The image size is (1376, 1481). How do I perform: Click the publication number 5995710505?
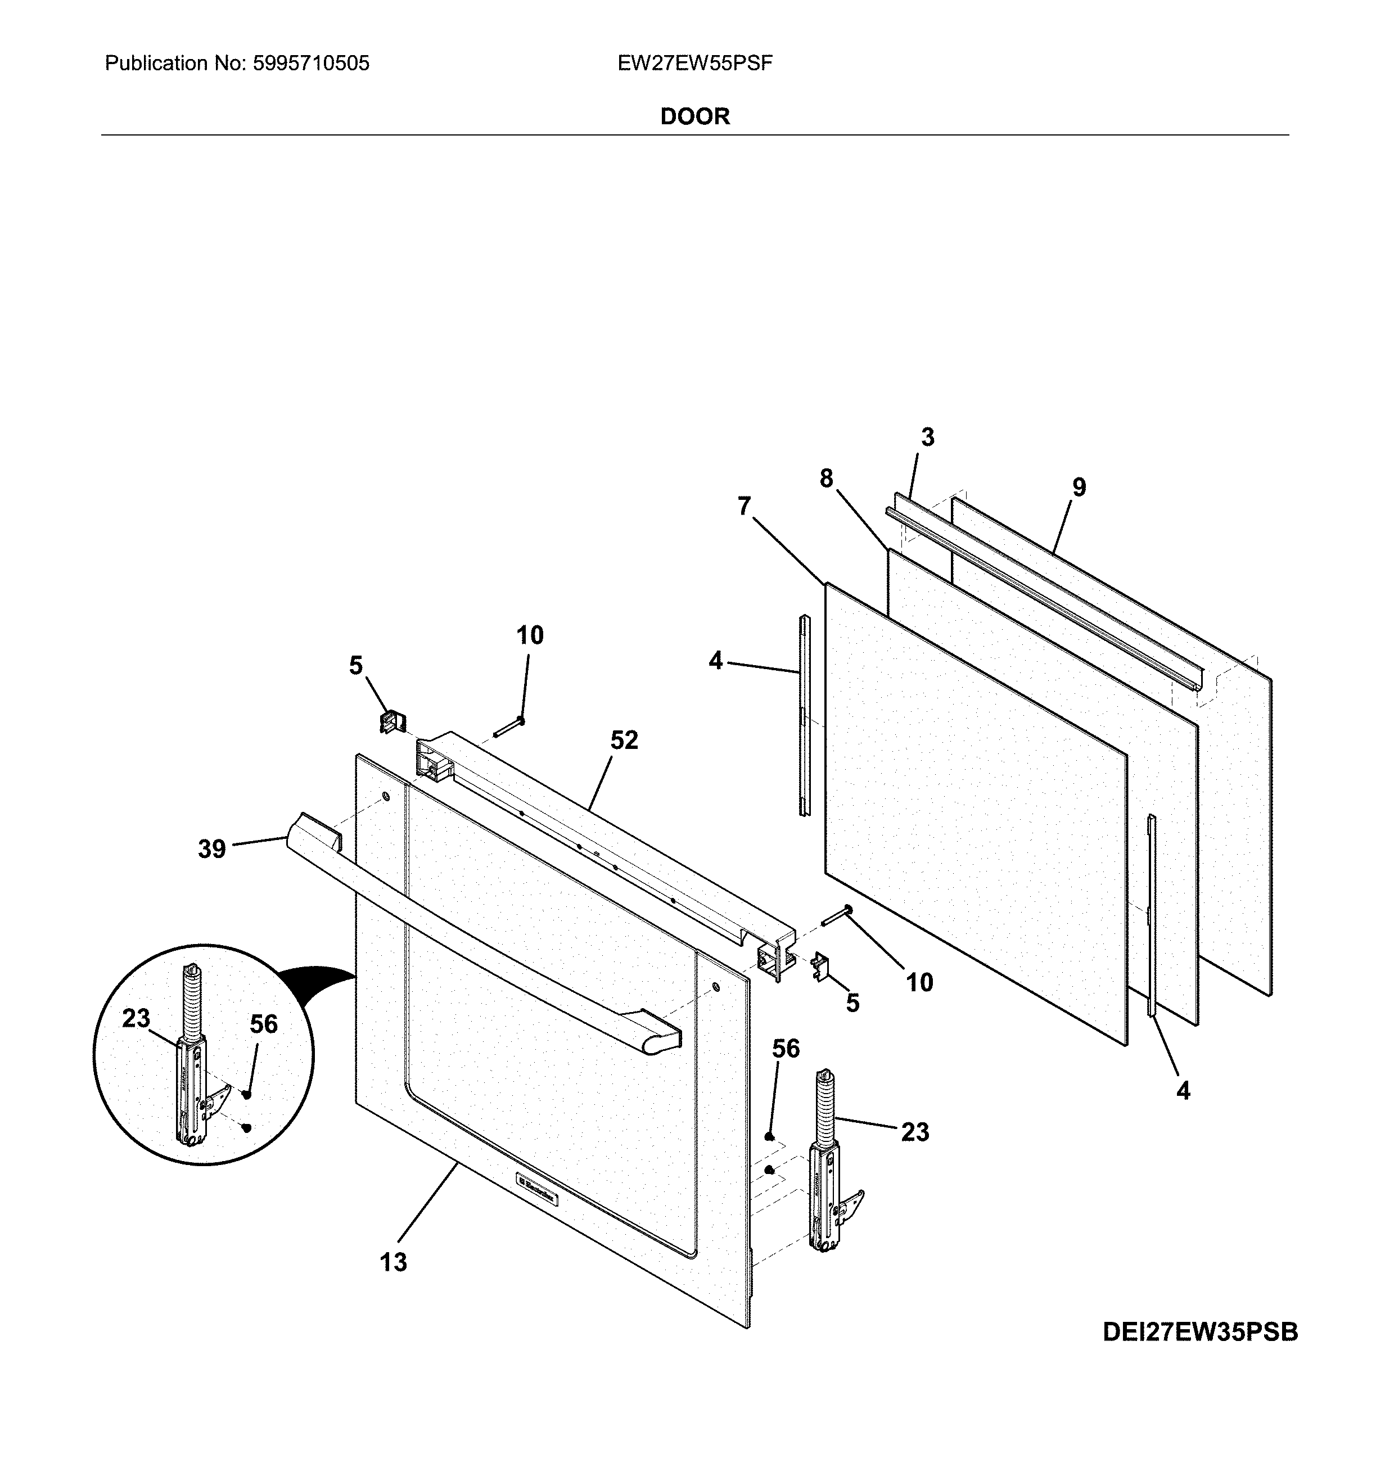point(310,64)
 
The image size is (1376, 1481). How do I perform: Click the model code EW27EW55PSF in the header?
point(694,64)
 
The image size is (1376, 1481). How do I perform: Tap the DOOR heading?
point(694,116)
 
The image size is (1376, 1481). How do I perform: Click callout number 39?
point(211,849)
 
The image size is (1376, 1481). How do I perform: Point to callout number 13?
point(393,1262)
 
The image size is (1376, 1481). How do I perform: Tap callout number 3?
point(927,437)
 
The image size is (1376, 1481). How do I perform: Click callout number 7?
point(744,507)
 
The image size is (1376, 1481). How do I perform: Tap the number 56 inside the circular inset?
point(264,1024)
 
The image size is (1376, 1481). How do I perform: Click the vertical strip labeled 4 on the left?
point(804,715)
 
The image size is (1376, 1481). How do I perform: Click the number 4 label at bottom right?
point(1183,1091)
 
